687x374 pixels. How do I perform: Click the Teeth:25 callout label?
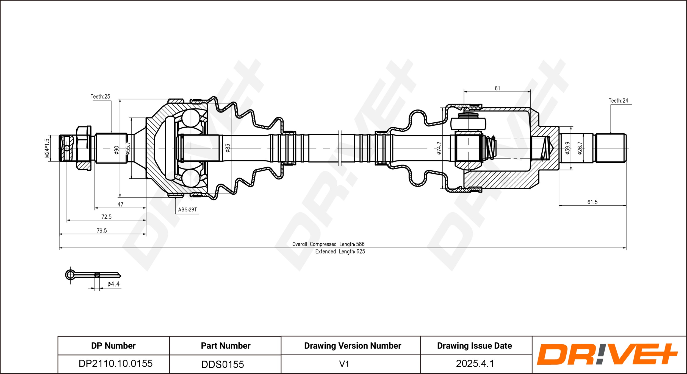click(100, 97)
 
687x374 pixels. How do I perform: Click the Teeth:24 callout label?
click(618, 101)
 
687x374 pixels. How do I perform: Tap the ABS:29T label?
click(187, 210)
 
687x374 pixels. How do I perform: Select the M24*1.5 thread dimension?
click(47, 148)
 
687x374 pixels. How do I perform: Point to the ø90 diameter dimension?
click(117, 150)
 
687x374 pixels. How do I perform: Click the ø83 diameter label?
click(228, 148)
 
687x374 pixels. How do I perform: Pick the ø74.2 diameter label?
click(439, 148)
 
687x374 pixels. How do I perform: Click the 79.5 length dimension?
click(102, 230)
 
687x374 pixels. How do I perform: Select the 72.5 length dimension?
click(106, 217)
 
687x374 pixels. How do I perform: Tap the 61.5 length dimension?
click(592, 202)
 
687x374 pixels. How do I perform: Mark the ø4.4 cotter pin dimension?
click(113, 284)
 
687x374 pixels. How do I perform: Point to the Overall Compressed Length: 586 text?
click(328, 244)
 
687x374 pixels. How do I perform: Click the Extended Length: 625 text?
click(340, 251)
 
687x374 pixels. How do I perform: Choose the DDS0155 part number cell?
click(223, 364)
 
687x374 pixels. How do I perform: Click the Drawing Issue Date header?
click(475, 346)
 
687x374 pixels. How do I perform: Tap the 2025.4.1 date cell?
click(475, 364)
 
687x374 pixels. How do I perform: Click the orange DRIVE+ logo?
click(607, 354)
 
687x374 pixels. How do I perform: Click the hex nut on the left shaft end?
click(83, 148)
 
